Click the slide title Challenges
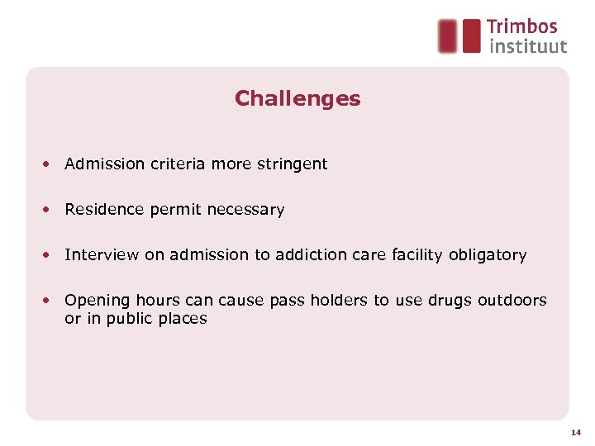(297, 99)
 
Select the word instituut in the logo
(528, 46)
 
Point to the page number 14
(575, 432)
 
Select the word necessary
(245, 210)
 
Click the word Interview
(102, 255)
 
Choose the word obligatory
(488, 255)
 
